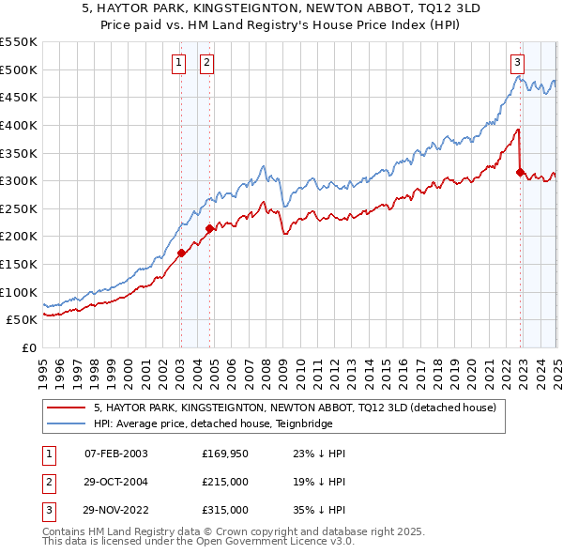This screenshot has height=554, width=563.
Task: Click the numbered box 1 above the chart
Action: click(178, 64)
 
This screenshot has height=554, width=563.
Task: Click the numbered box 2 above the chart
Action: click(206, 64)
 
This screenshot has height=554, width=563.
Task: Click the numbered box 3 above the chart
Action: click(517, 64)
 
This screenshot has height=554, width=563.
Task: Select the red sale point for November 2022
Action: click(520, 172)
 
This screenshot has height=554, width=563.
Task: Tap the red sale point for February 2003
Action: click(181, 252)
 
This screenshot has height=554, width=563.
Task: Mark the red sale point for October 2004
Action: click(209, 227)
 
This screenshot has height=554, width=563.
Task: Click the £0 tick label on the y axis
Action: click(30, 347)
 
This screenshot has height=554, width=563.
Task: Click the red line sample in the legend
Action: click(66, 408)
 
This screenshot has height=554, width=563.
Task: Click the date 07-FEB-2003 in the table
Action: click(116, 454)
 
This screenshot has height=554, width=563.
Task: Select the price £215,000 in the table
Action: click(224, 482)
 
